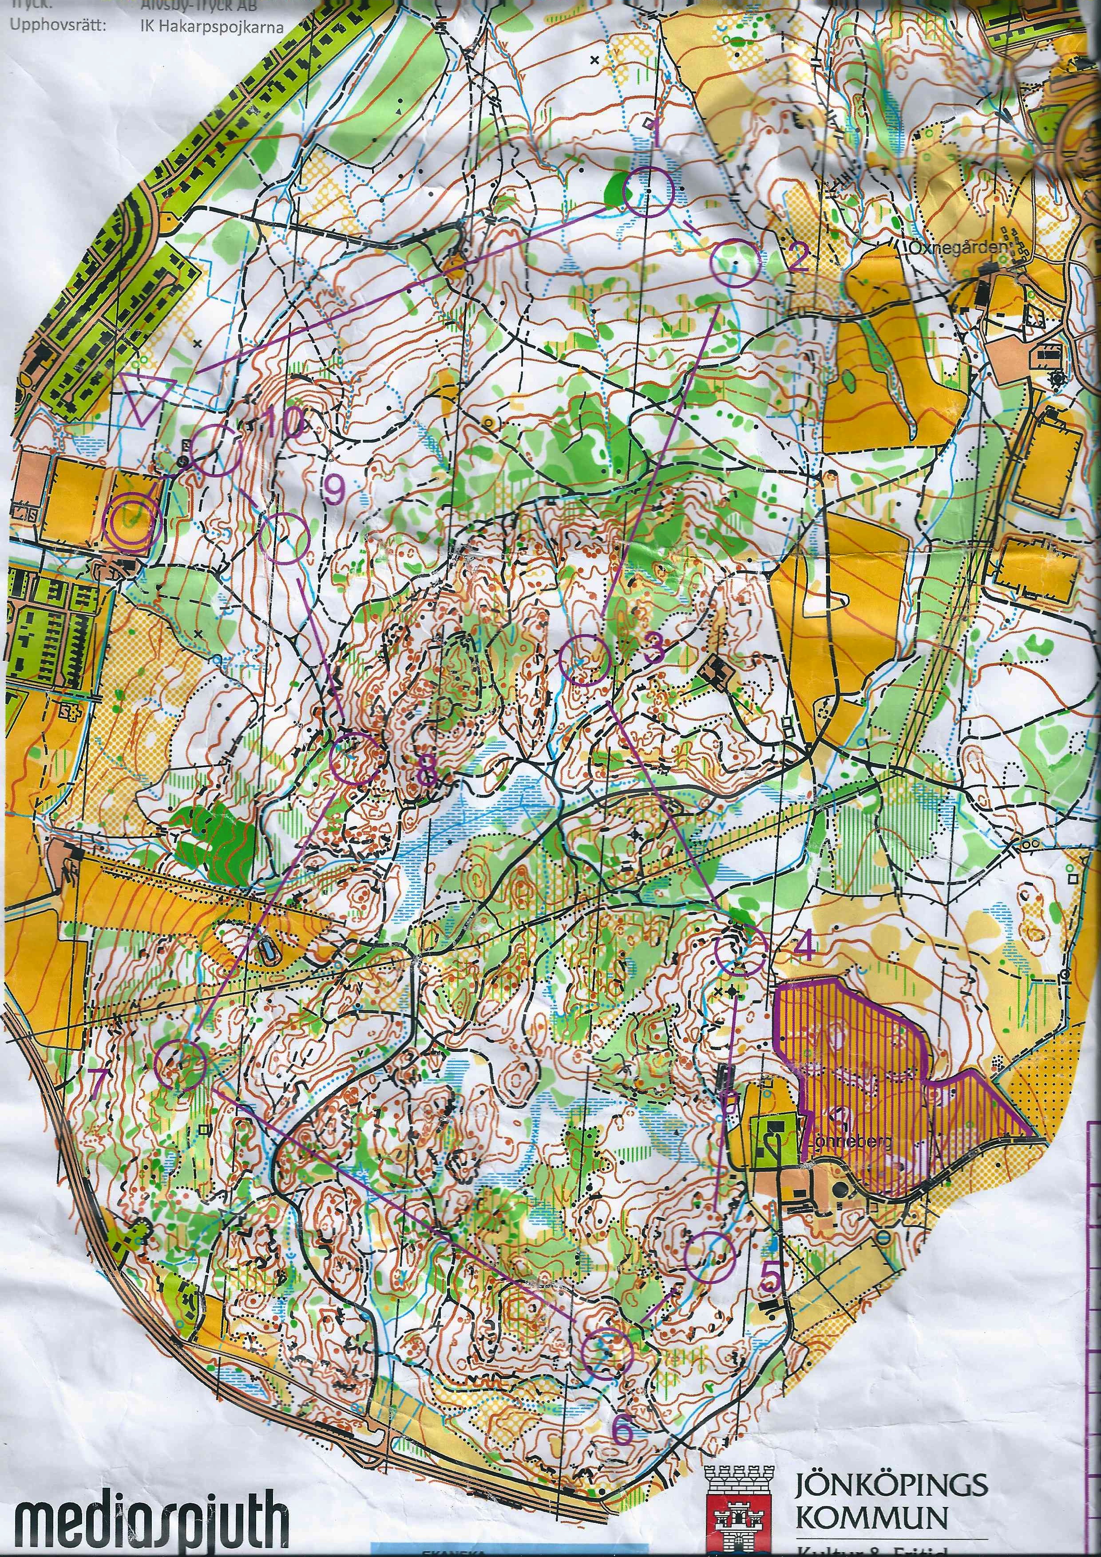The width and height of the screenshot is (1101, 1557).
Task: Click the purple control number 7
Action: tap(99, 1081)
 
